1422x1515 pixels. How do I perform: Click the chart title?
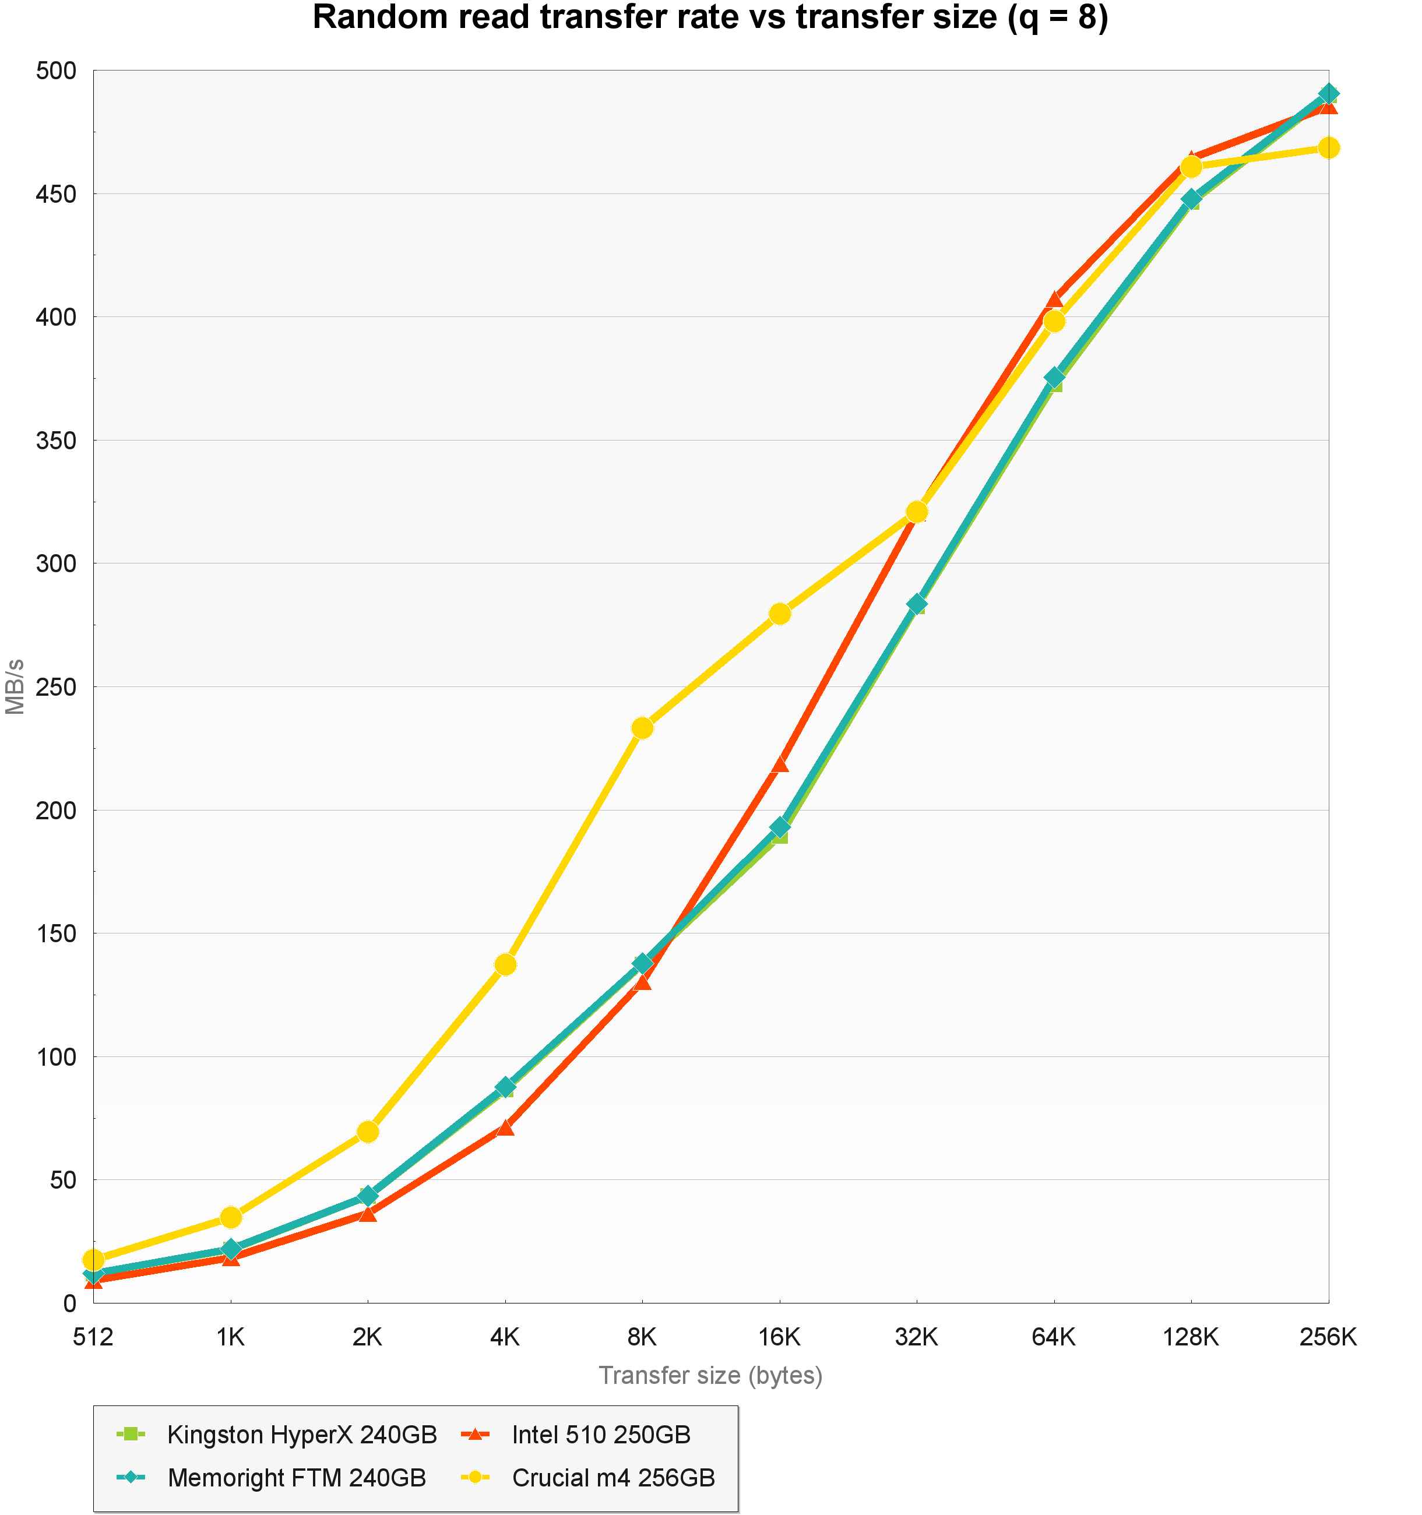pyautogui.click(x=710, y=18)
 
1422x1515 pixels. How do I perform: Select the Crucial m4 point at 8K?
pyautogui.click(x=642, y=728)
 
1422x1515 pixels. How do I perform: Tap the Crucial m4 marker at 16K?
pyautogui.click(x=780, y=614)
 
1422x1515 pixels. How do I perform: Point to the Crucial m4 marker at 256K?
pyautogui.click(x=1328, y=147)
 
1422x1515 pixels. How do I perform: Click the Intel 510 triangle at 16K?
pyautogui.click(x=780, y=763)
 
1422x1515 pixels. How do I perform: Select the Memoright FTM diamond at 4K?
pyautogui.click(x=505, y=1087)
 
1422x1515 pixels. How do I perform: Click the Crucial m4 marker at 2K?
pyautogui.click(x=368, y=1132)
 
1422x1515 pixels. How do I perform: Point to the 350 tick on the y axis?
pyautogui.click(x=57, y=441)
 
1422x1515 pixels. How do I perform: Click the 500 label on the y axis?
pyautogui.click(x=57, y=71)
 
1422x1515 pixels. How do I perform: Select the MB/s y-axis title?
pyautogui.click(x=15, y=686)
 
